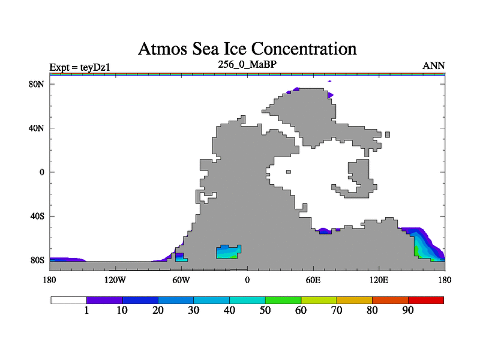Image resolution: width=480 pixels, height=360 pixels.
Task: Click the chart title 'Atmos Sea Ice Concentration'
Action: pos(247,48)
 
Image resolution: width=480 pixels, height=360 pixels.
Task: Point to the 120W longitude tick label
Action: pos(115,280)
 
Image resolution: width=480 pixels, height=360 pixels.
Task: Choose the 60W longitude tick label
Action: pos(181,280)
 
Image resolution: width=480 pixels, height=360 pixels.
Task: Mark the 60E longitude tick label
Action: pos(313,280)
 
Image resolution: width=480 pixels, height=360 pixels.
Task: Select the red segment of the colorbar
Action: pos(426,300)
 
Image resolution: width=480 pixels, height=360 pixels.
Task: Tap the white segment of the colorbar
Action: pos(68,300)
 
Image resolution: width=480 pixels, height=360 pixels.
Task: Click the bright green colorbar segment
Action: pos(283,300)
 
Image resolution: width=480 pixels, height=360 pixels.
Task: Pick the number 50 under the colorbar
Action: pos(265,310)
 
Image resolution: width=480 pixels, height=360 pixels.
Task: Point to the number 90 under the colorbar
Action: pos(408,310)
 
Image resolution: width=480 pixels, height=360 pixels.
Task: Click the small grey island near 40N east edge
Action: pos(388,134)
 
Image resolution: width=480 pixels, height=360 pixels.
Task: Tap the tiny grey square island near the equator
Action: pos(289,172)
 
